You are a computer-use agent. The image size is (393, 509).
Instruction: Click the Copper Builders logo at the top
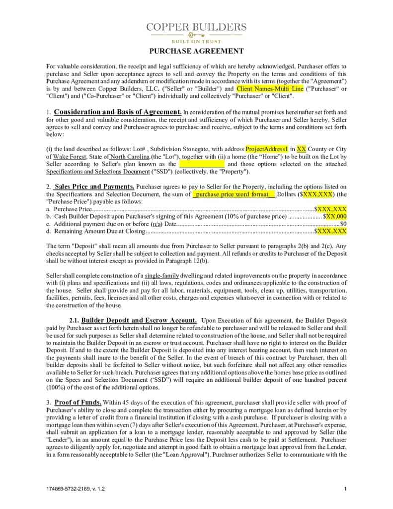(x=196, y=31)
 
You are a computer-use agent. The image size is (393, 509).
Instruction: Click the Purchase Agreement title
(x=196, y=51)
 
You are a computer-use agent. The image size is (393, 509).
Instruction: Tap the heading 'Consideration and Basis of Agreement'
(x=118, y=112)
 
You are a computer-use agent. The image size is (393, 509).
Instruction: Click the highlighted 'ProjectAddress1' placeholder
(x=267, y=149)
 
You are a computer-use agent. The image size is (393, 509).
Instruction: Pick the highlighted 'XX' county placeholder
(x=301, y=149)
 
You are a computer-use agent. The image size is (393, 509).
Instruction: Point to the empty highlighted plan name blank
(x=201, y=164)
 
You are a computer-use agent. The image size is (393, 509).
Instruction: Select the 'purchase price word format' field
(x=234, y=194)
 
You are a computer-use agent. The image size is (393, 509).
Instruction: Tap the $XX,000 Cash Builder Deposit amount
(x=335, y=217)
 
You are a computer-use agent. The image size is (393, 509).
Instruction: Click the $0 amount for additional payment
(x=343, y=224)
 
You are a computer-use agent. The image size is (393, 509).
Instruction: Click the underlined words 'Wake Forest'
(x=64, y=157)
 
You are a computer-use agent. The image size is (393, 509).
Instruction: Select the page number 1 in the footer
(x=345, y=489)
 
